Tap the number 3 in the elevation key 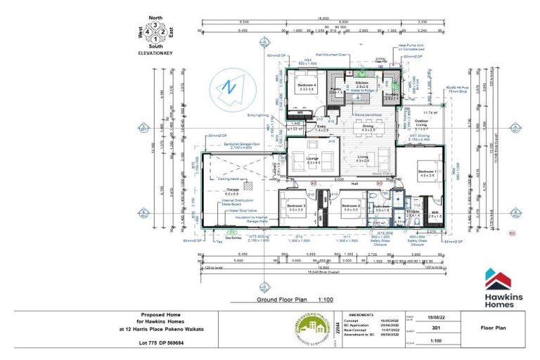(157, 25)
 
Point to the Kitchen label (362, 82)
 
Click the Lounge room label (304, 159)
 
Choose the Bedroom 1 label (427, 172)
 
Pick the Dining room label (368, 127)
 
